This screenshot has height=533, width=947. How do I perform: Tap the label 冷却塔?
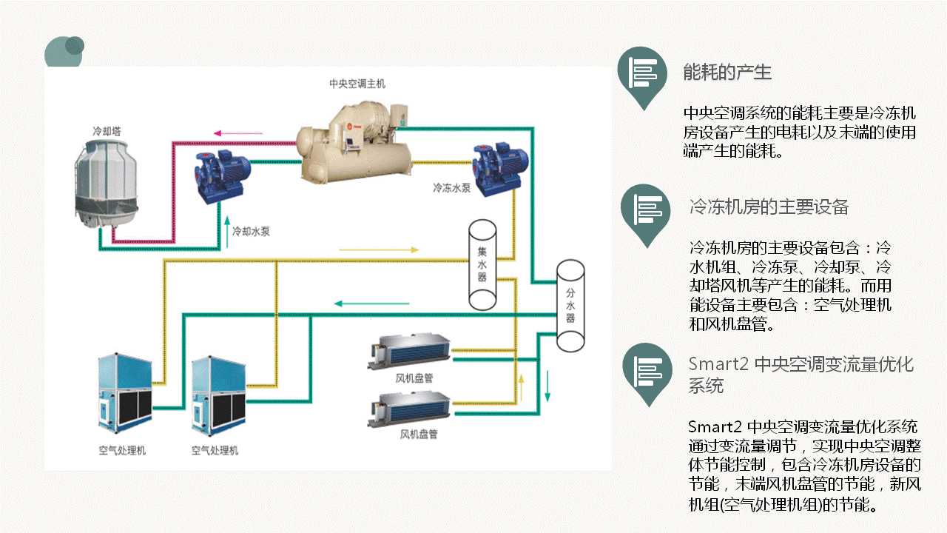[x=107, y=130]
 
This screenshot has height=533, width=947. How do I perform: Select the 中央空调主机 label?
[x=357, y=84]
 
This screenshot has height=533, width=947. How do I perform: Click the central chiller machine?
[x=355, y=144]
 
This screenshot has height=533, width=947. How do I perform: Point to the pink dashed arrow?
[x=237, y=134]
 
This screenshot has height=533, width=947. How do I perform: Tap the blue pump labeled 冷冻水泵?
[x=500, y=169]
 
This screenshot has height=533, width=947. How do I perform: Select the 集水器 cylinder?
[x=482, y=264]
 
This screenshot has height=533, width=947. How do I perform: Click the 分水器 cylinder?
[x=570, y=306]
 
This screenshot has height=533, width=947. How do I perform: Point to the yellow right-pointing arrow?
[x=379, y=249]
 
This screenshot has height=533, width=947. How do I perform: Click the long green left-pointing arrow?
[x=371, y=303]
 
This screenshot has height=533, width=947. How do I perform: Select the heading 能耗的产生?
[x=727, y=73]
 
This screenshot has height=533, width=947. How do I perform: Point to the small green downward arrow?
[x=547, y=384]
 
